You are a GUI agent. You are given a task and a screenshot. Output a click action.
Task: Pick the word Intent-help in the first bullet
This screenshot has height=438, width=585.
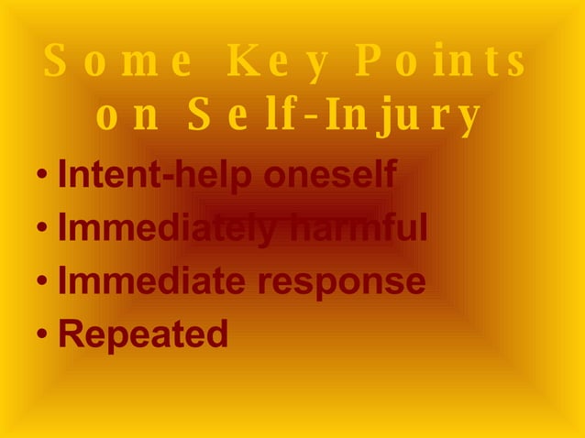click(148, 175)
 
